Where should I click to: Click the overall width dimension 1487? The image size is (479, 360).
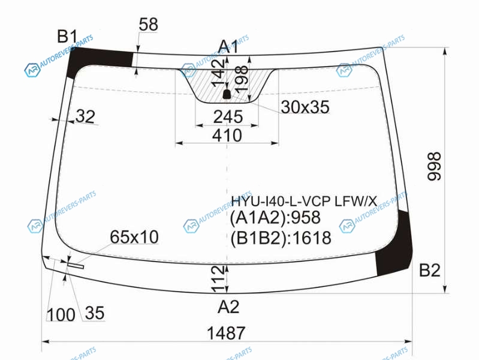(x=226, y=333)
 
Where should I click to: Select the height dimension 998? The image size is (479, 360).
(x=434, y=166)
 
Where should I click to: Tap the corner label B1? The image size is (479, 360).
(x=68, y=37)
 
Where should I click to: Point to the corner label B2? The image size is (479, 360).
(x=429, y=271)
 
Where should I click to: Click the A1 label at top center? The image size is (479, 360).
(x=228, y=46)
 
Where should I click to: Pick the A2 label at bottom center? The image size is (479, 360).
(x=228, y=307)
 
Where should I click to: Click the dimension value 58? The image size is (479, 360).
(x=148, y=25)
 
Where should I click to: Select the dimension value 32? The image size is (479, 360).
(x=85, y=116)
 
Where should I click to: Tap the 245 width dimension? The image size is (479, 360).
(x=228, y=117)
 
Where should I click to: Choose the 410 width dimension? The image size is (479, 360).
(x=227, y=135)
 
